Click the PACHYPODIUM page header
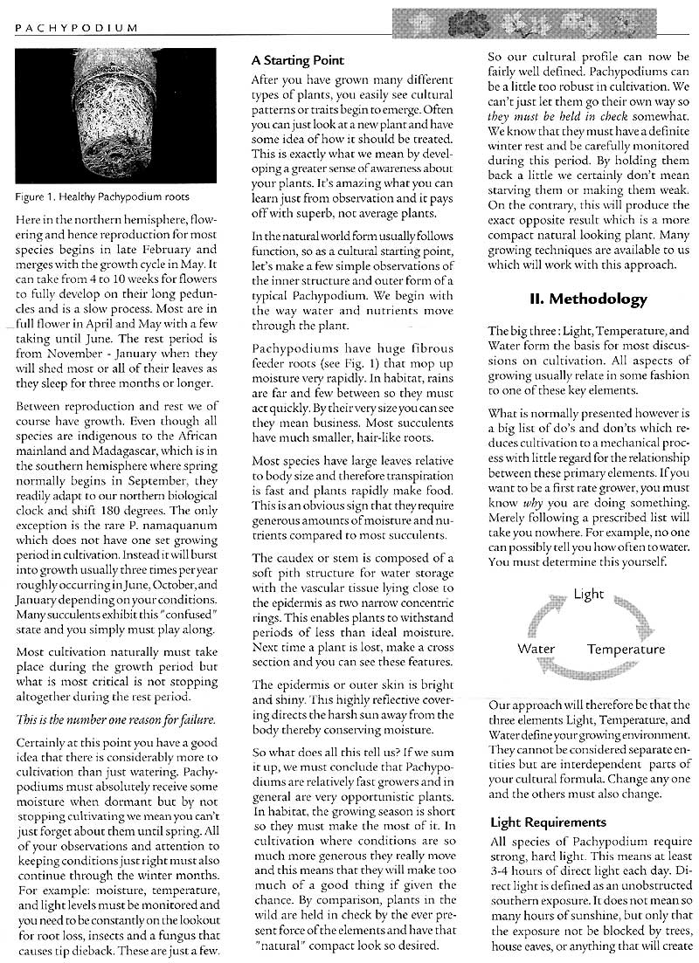coord(77,28)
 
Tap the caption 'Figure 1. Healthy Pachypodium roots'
coord(102,196)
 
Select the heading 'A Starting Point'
coord(297,61)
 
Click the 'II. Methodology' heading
coord(589,299)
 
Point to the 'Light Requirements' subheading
coord(548,822)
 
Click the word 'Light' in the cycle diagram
coord(589,594)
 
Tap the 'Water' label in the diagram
coord(536,649)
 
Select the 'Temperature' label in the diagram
coord(626,649)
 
